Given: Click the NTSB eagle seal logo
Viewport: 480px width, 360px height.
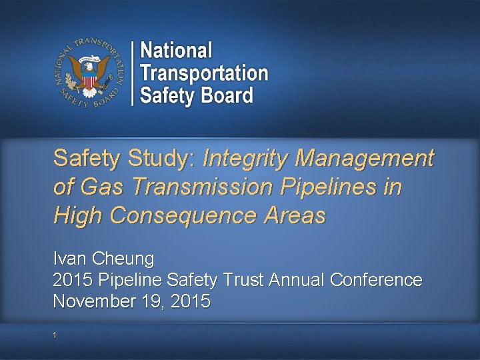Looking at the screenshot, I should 88,73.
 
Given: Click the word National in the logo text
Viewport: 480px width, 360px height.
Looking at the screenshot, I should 177,51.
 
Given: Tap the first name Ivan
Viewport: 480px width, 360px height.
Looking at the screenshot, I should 68,257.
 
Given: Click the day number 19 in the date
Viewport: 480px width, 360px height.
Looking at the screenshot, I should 151,301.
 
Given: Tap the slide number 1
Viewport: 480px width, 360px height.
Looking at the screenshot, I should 57,335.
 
